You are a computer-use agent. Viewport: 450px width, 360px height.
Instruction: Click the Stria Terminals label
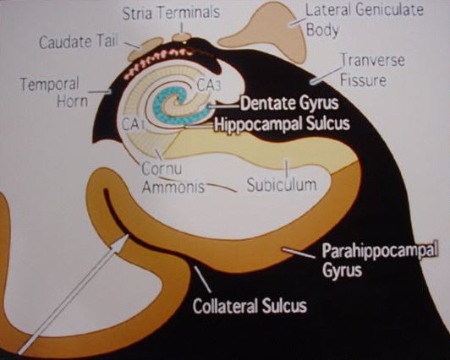point(171,14)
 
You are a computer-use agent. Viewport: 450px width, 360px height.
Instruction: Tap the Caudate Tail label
point(79,42)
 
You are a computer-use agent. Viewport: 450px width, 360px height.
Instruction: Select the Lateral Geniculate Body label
point(365,19)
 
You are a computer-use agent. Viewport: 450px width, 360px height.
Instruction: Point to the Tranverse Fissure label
point(372,69)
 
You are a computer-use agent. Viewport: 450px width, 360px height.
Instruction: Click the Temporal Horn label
point(54,92)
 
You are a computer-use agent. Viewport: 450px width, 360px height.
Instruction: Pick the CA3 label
point(209,85)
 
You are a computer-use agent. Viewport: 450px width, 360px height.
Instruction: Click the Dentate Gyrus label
point(289,103)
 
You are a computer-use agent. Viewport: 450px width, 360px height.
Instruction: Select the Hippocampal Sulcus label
point(283,124)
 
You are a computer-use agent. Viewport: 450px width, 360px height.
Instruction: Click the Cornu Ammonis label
point(173,177)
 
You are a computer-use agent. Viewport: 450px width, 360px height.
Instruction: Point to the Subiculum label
point(282,185)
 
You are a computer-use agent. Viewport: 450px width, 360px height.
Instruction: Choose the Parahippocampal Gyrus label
point(380,260)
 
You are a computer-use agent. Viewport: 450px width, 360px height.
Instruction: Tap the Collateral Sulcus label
point(250,306)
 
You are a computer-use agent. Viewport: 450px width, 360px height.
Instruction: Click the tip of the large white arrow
point(128,234)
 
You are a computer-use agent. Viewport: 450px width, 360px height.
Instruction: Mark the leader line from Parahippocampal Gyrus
point(299,254)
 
